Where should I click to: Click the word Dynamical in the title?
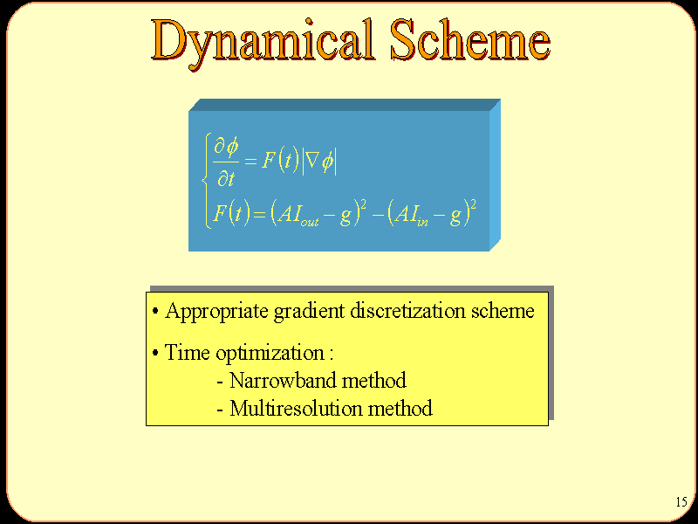[263, 42]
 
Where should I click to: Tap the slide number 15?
[681, 501]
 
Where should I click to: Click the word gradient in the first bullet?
[310, 312]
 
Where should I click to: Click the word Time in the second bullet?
[187, 353]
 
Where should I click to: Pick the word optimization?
[270, 354]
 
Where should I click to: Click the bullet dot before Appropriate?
[155, 311]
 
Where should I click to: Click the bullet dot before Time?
[155, 353]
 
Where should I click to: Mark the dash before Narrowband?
[220, 383]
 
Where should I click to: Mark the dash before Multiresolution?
[220, 410]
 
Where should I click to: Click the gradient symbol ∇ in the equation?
[313, 161]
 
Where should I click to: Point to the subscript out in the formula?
[310, 222]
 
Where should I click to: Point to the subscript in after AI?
[422, 222]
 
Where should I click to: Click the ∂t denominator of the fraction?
[226, 178]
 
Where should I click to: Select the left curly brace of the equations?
[205, 181]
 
